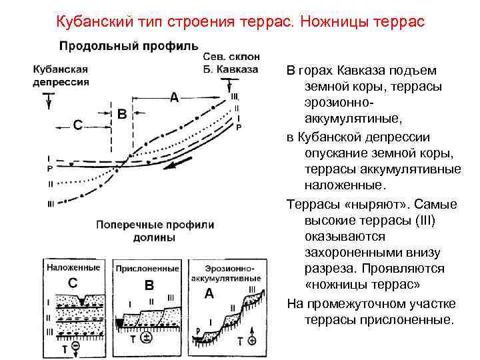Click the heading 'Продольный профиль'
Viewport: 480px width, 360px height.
pyautogui.click(x=129, y=46)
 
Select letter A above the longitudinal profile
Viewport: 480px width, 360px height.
pyautogui.click(x=174, y=98)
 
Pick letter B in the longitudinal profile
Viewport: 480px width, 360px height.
pyautogui.click(x=122, y=113)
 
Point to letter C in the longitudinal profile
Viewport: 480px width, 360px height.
pyautogui.click(x=78, y=125)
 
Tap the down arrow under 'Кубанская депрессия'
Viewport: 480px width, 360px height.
pyautogui.click(x=47, y=99)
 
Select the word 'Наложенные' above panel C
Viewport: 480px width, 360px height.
pyautogui.click(x=74, y=267)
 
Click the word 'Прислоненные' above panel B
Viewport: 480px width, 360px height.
pyautogui.click(x=147, y=269)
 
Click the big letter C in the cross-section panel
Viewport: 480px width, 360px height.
pyautogui.click(x=74, y=283)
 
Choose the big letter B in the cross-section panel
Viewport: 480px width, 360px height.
pyautogui.click(x=149, y=285)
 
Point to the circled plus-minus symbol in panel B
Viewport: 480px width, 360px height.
pyautogui.click(x=146, y=338)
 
